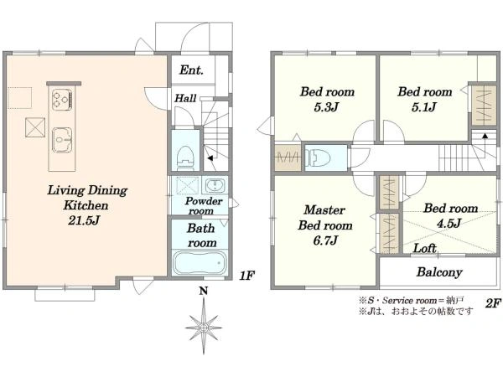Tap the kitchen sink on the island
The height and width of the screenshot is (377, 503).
click(62, 140)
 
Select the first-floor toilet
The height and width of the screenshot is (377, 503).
click(185, 158)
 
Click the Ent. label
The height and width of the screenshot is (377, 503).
click(191, 70)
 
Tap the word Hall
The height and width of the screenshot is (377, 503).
click(185, 98)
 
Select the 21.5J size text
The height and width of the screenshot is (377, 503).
click(84, 220)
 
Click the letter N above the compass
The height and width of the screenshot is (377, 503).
click(204, 291)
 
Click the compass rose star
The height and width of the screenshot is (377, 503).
click(204, 328)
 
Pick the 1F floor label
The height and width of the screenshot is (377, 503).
click(246, 276)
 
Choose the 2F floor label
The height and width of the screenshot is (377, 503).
click(493, 303)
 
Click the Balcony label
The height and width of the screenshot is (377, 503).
click(439, 272)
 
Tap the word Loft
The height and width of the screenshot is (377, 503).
click(424, 248)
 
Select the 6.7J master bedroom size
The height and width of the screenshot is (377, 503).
click(325, 240)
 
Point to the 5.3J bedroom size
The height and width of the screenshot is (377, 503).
click(326, 107)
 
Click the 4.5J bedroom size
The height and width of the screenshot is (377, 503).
click(449, 223)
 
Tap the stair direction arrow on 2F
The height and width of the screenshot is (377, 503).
click(485, 136)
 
